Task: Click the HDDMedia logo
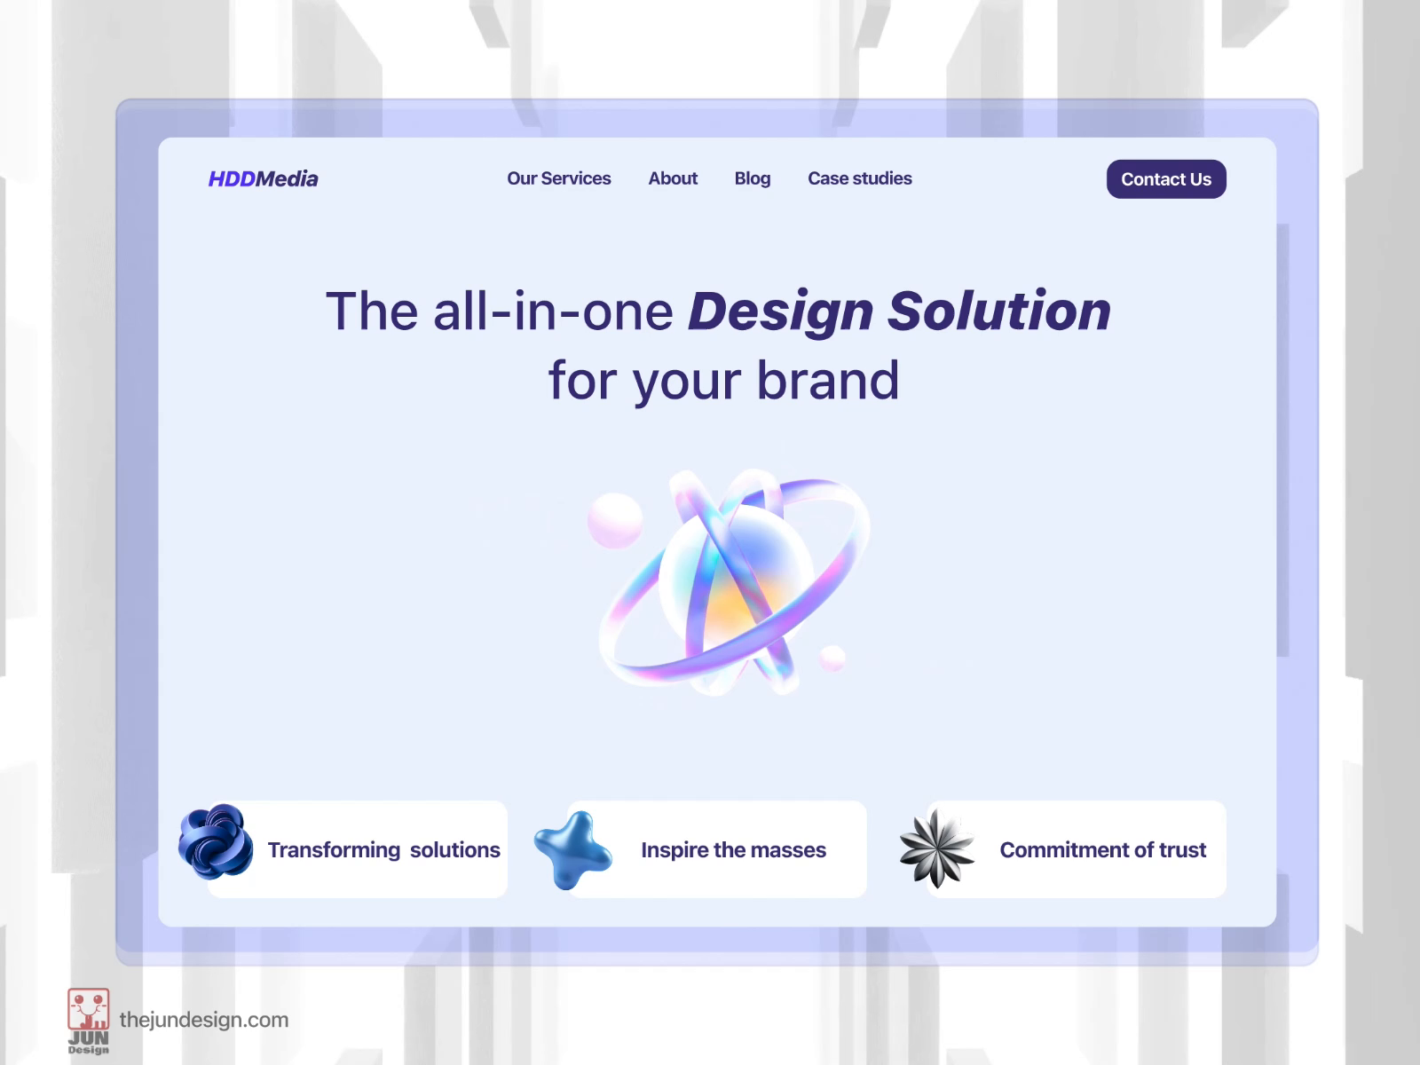(263, 178)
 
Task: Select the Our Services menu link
(558, 178)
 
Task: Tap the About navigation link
(673, 178)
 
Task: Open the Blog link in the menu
(752, 178)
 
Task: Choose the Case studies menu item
(859, 178)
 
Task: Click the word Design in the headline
(780, 312)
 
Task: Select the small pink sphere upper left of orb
(614, 519)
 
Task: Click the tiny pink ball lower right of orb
(832, 658)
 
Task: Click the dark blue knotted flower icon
(216, 841)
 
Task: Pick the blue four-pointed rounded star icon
(572, 849)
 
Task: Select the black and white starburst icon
(936, 848)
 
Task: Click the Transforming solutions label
(383, 850)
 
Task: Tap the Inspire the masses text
(733, 850)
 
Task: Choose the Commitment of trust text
(1102, 850)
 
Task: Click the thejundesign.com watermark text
(203, 1020)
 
